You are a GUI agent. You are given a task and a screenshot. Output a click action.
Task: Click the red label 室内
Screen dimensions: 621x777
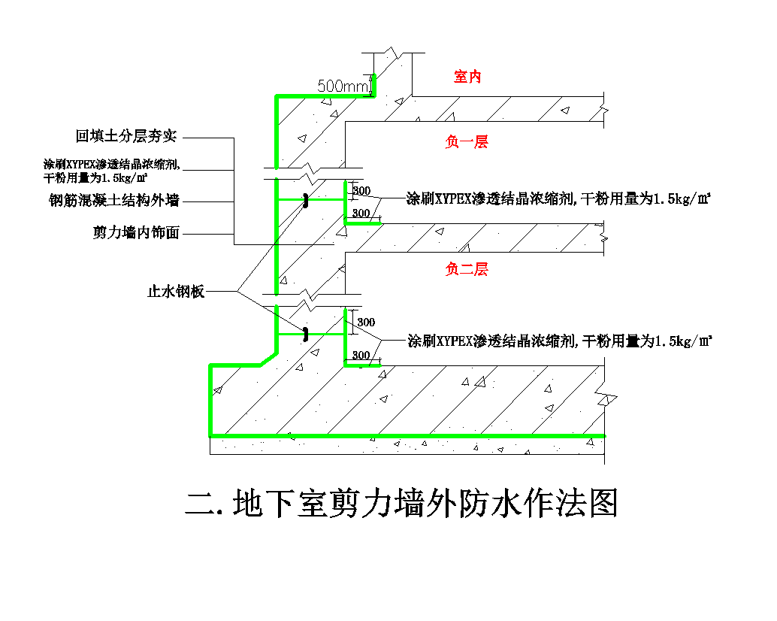click(x=467, y=77)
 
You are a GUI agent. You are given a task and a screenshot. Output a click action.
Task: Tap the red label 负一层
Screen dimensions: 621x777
click(x=467, y=142)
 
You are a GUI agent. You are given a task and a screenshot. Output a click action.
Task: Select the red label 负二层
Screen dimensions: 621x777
click(x=467, y=269)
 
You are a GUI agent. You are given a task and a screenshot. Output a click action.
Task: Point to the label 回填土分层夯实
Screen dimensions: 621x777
click(x=126, y=137)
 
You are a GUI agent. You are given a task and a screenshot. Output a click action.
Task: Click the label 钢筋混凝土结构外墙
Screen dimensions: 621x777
click(x=114, y=200)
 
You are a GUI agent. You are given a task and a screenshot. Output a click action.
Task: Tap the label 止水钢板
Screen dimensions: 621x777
click(x=176, y=292)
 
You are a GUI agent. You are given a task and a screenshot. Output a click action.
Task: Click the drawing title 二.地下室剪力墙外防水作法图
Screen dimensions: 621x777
click(x=401, y=504)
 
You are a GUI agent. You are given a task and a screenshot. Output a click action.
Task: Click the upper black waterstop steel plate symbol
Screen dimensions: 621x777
click(x=307, y=201)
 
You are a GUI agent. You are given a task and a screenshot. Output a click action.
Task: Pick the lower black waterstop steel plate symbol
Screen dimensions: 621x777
click(x=306, y=334)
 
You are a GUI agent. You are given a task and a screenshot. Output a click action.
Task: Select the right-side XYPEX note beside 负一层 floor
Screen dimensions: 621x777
click(x=558, y=199)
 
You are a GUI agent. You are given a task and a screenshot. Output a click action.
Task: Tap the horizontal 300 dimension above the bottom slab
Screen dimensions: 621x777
click(x=361, y=355)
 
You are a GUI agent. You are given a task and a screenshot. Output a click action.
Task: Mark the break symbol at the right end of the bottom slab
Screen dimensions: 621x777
click(x=606, y=399)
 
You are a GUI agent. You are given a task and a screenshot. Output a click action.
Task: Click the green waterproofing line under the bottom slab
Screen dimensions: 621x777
click(x=406, y=435)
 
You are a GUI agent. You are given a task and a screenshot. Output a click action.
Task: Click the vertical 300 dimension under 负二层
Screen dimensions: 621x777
click(x=365, y=323)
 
